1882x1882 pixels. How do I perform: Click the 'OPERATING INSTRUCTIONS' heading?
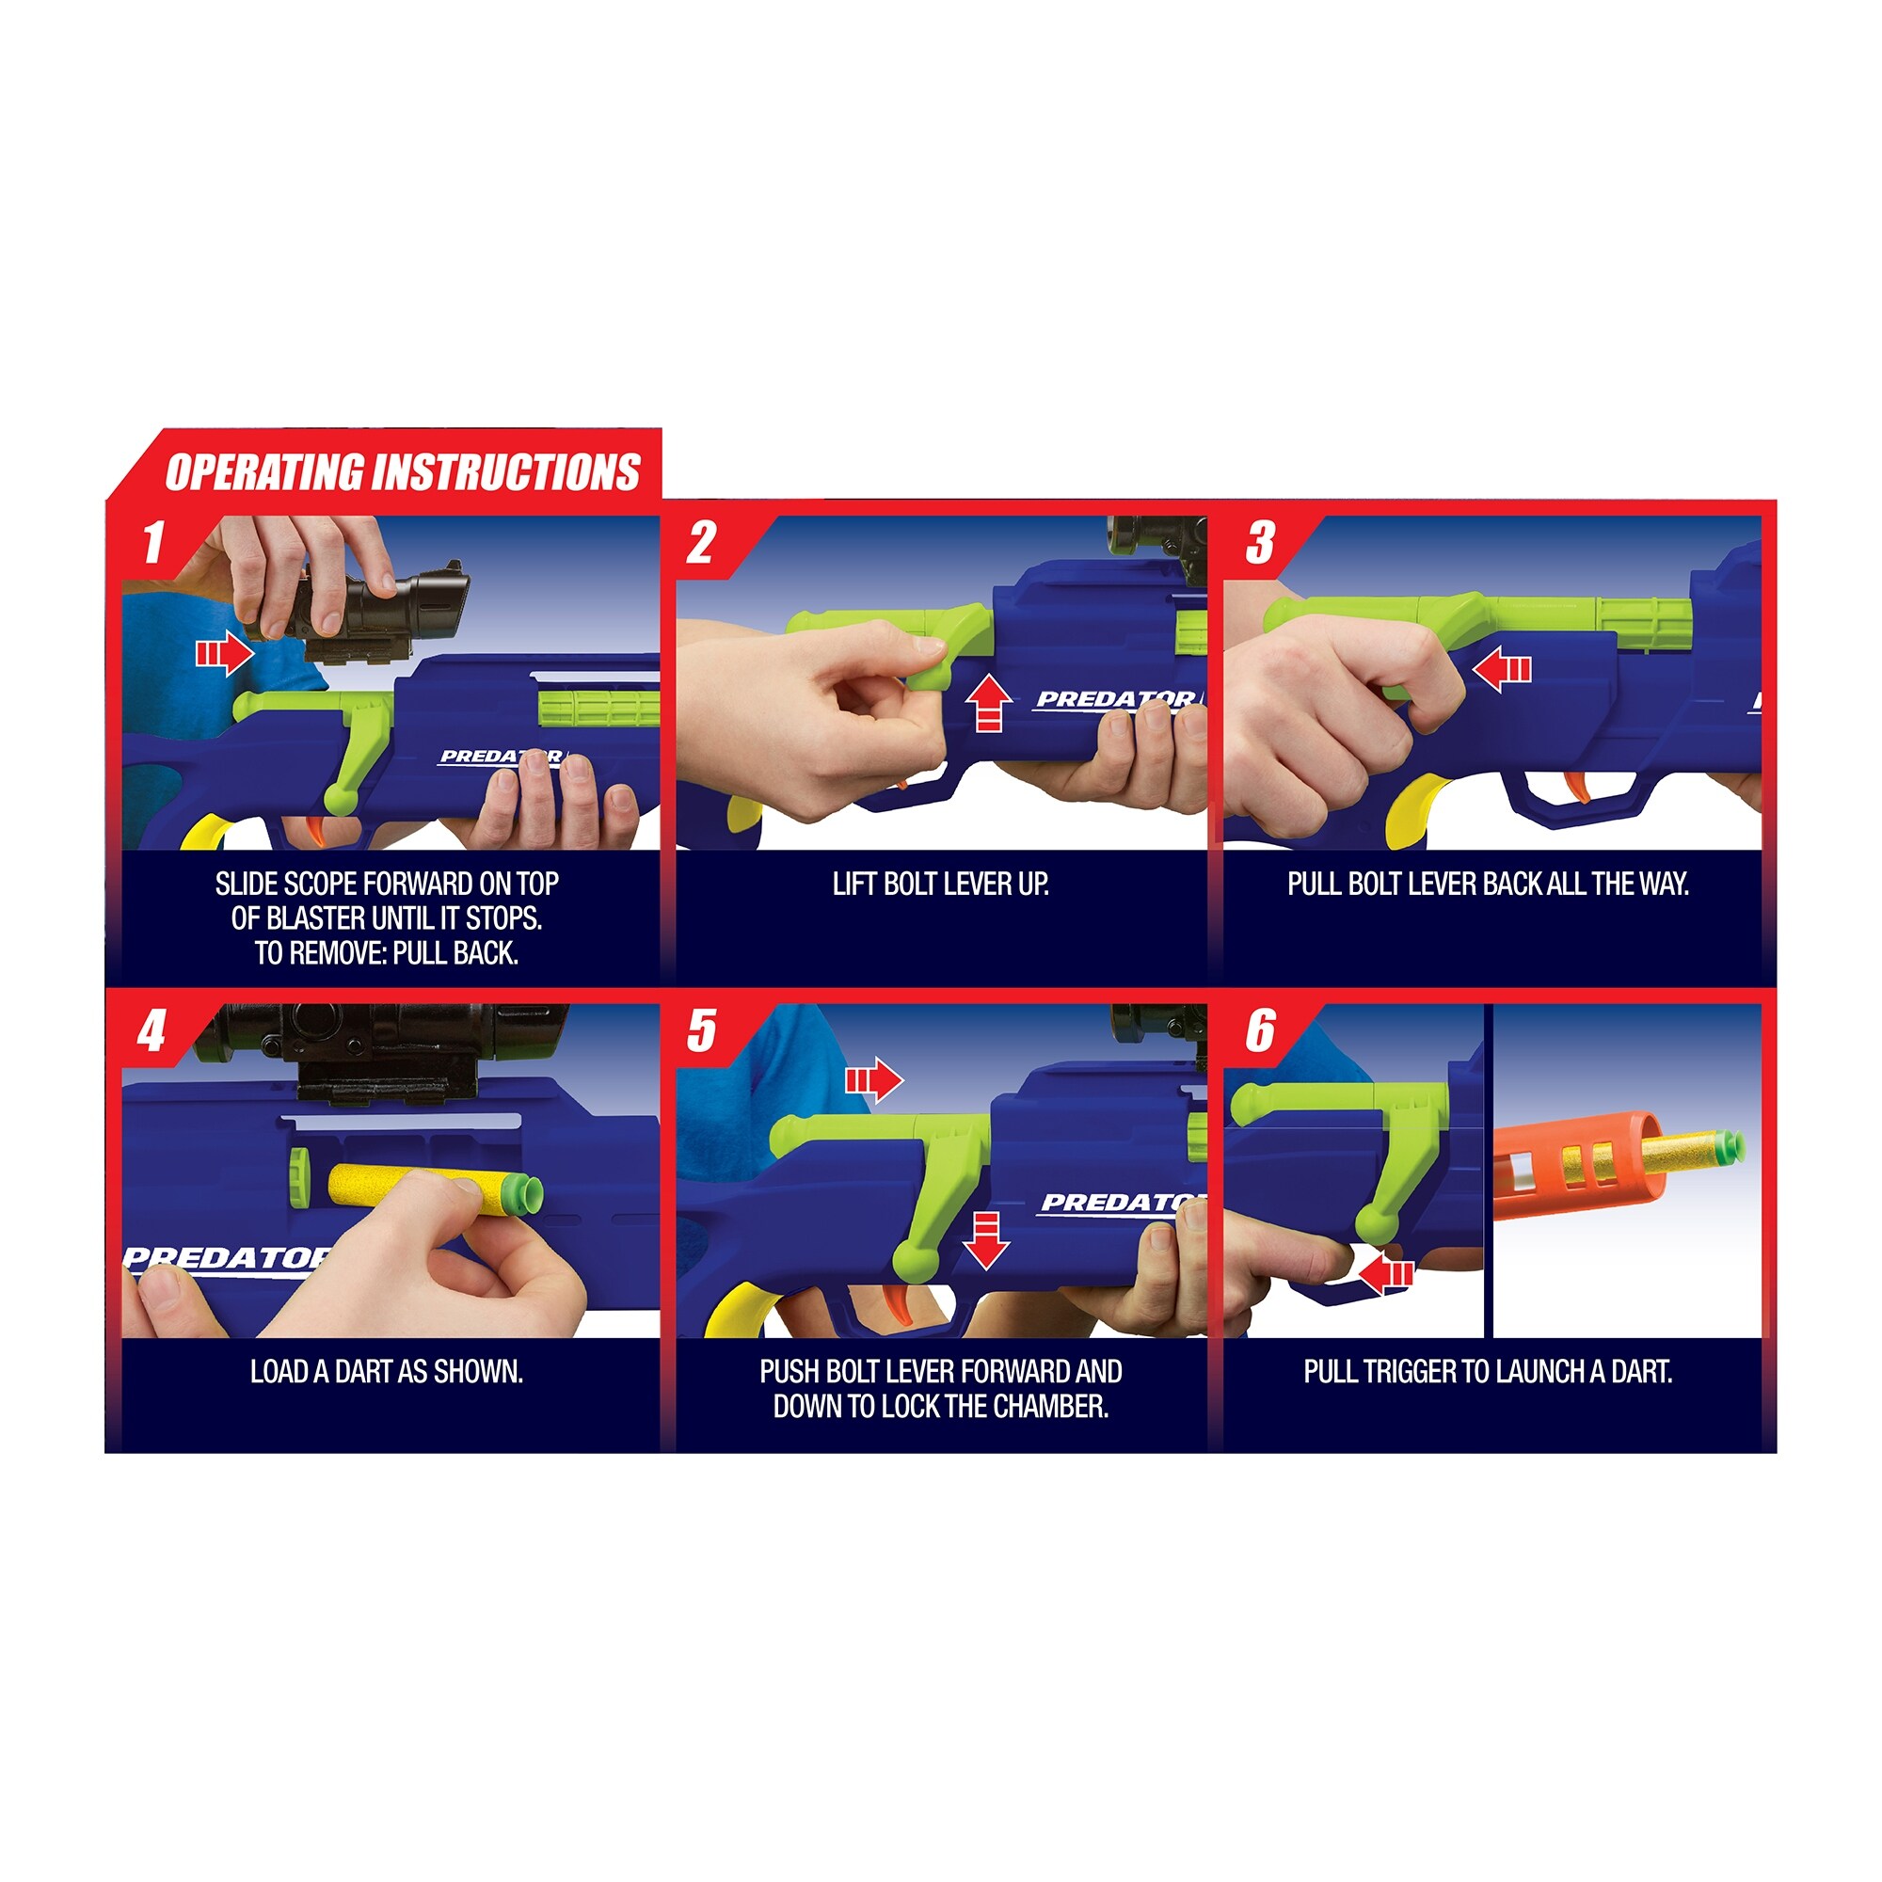click(403, 472)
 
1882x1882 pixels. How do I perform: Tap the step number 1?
click(153, 543)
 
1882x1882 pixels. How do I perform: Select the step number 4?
click(152, 1030)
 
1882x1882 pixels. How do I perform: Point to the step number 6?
click(1260, 1030)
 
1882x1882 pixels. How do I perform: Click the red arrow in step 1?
click(225, 652)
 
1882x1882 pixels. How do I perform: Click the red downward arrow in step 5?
click(986, 1241)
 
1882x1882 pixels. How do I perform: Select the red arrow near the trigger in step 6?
click(1385, 1273)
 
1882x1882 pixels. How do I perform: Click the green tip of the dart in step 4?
click(524, 1195)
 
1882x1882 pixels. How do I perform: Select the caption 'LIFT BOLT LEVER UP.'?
click(940, 884)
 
